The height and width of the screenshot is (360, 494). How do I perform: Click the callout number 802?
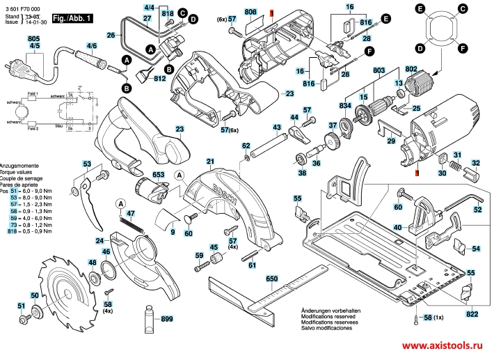coord(411,69)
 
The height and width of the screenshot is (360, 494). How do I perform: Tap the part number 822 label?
coord(472,315)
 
